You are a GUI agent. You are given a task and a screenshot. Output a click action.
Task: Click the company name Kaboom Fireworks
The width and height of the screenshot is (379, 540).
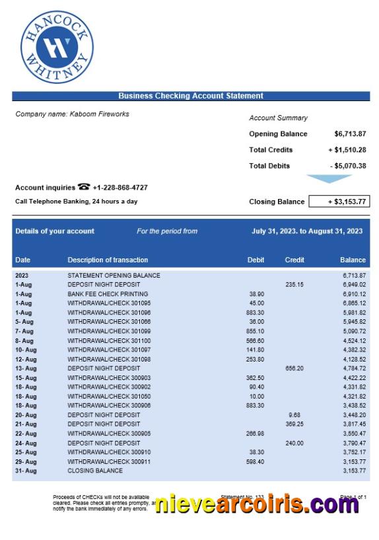point(72,114)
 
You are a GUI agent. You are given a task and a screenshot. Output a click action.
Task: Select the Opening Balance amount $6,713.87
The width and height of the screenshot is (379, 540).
point(350,134)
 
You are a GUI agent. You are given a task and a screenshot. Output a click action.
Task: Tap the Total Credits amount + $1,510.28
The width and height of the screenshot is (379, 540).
point(347,150)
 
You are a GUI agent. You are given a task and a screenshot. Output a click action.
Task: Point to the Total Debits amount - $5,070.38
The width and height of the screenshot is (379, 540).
point(348,166)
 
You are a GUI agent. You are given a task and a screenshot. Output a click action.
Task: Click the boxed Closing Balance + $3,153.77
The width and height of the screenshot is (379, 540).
point(339,202)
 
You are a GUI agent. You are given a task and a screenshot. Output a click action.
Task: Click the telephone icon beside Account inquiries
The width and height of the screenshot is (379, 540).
point(84,187)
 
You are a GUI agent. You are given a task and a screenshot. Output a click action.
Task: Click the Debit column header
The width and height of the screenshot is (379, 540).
point(256,260)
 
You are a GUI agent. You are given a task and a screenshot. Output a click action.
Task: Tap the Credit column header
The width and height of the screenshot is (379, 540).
point(294,260)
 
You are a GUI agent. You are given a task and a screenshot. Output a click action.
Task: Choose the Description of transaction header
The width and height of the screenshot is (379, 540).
point(108,260)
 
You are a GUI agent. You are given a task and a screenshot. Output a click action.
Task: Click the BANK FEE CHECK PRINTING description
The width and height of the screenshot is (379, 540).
point(108,294)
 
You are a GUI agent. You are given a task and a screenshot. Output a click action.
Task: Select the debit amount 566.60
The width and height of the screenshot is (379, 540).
point(256,340)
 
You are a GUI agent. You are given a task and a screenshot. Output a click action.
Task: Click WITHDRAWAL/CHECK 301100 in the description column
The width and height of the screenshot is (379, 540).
point(109,340)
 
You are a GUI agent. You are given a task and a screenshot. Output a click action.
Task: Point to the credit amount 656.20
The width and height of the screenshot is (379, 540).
point(294,368)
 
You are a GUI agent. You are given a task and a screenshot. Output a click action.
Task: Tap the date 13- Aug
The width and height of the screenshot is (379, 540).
point(26,368)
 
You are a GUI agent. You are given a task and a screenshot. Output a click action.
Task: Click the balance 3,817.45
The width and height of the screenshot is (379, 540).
point(354,424)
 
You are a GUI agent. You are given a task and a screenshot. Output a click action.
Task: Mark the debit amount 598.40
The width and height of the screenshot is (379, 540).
point(256,461)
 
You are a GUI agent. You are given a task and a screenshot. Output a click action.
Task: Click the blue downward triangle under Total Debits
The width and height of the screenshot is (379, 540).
point(329,178)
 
